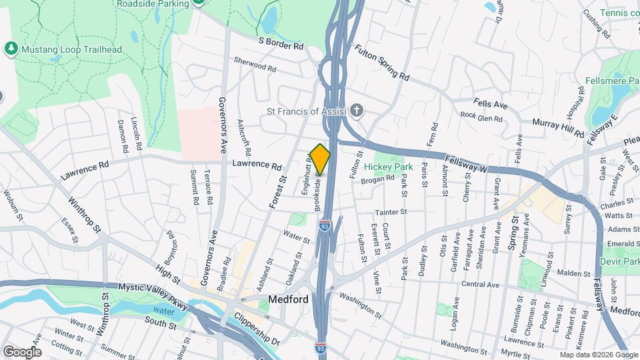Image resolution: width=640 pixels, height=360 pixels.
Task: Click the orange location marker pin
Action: click(320, 159)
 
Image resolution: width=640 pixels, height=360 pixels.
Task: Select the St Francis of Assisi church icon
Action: click(357, 111)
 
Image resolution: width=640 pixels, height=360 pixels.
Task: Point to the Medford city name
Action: click(288, 299)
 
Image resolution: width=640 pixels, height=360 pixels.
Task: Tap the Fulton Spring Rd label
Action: click(381, 61)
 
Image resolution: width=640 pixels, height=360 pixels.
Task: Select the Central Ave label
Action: click(480, 285)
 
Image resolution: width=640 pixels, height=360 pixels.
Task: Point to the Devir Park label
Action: click(620, 262)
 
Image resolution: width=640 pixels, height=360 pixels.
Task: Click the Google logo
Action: click(23, 351)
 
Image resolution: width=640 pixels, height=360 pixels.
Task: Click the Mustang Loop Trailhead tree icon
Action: click(11, 49)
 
